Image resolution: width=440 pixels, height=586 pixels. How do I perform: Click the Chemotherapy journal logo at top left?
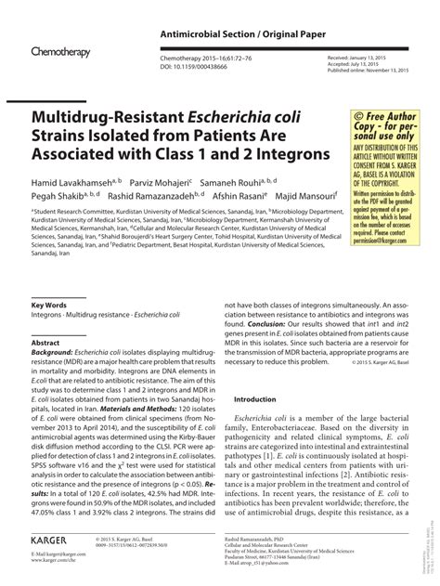(60, 54)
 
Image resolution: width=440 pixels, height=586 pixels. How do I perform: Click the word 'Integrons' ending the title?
(281, 150)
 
